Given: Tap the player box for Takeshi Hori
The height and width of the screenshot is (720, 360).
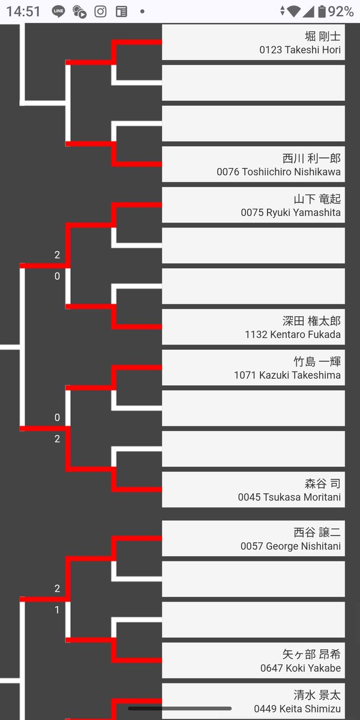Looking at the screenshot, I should coord(253,43).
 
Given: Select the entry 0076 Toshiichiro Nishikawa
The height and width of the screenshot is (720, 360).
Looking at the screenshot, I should coord(253,164).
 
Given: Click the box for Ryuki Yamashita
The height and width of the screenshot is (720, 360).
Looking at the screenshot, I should coord(253,205).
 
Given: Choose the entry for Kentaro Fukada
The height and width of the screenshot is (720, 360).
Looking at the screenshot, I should coord(253,327).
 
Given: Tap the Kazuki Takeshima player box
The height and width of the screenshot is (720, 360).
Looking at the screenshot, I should coord(253,368).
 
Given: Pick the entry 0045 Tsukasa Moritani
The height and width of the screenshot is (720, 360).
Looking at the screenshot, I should coord(253,490).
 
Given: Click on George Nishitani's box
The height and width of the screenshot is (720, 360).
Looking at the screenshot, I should coord(253,539).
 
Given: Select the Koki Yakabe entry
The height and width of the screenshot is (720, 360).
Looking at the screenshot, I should coord(253,661).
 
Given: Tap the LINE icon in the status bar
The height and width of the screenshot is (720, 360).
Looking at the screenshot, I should coord(58,11).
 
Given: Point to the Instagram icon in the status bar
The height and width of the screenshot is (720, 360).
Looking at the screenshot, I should coord(101,11).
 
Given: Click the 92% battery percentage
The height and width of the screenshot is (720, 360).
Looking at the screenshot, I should coord(341,11).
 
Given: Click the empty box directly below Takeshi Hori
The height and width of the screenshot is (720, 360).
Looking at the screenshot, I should coord(253,83).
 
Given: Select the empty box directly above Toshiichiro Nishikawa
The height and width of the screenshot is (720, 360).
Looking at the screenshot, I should coord(253,124).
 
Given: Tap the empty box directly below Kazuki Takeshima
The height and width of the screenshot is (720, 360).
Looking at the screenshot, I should coord(253,408).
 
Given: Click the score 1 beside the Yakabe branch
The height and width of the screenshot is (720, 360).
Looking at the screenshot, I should coord(57,610).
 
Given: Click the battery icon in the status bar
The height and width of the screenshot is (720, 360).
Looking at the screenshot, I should coord(322,11).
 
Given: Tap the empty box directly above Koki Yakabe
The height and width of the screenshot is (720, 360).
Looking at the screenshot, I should coord(253,620).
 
